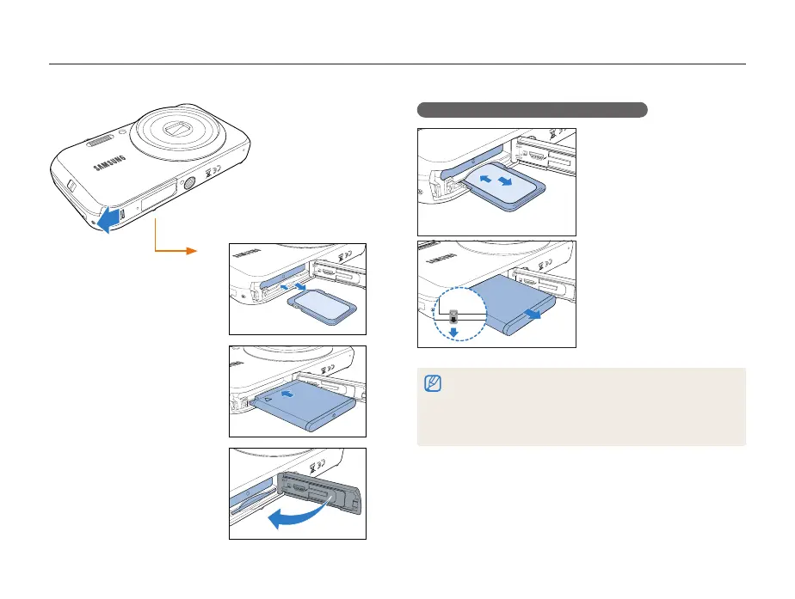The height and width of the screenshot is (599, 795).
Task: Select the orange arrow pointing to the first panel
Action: pyautogui.click(x=176, y=246)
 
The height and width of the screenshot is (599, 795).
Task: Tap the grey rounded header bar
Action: pyautogui.click(x=532, y=109)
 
